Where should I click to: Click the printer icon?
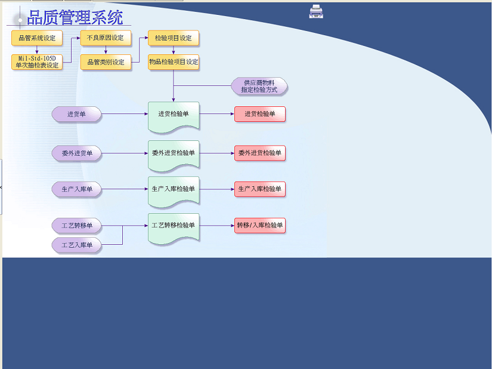[316, 11]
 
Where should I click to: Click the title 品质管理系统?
[75, 17]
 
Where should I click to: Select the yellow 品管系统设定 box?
[37, 38]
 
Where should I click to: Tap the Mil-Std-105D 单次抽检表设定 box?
[37, 62]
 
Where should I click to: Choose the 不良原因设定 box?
[106, 38]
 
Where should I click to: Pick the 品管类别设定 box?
[106, 62]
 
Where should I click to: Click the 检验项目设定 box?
[173, 38]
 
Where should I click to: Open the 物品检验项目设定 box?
[173, 62]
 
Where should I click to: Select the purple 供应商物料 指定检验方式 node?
[259, 86]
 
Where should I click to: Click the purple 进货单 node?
[76, 114]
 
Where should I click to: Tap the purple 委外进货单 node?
[76, 153]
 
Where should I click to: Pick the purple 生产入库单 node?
[76, 189]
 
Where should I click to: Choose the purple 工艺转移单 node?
[76, 226]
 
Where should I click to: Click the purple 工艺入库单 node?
[76, 245]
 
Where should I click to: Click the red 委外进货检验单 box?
[260, 153]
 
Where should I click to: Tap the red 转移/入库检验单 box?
[260, 226]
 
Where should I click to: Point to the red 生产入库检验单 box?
[260, 189]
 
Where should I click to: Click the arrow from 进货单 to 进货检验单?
[125, 113]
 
